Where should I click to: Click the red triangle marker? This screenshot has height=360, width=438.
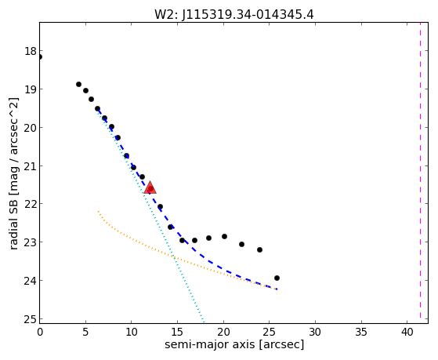tap(150, 187)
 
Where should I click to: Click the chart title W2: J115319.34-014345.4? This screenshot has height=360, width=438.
tap(233, 14)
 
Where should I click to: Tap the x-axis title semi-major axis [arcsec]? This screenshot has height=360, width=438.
tap(234, 344)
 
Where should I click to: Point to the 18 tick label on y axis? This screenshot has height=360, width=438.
tap(31, 52)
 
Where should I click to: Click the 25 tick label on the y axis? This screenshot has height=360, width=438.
tap(31, 319)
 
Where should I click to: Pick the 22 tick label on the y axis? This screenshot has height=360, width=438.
tap(31, 204)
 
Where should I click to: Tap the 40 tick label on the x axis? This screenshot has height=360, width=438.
tap(407, 332)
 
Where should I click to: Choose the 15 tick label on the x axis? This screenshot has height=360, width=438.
tap(177, 332)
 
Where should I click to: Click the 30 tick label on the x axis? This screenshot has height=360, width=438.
tap(315, 332)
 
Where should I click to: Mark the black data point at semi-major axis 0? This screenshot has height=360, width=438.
tap(40, 56)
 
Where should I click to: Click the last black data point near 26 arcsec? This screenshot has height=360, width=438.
tap(277, 278)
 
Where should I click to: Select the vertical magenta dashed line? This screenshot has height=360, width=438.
tap(420, 173)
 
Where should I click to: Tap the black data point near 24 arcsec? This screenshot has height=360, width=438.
tap(259, 249)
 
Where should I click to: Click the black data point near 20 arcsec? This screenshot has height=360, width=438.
tap(224, 236)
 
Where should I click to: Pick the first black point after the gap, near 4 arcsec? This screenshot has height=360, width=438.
tap(78, 84)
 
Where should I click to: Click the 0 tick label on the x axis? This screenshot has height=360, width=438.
tap(40, 332)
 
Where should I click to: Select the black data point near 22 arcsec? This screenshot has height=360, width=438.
tap(241, 244)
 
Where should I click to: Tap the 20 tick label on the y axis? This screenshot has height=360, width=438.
tap(31, 128)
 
